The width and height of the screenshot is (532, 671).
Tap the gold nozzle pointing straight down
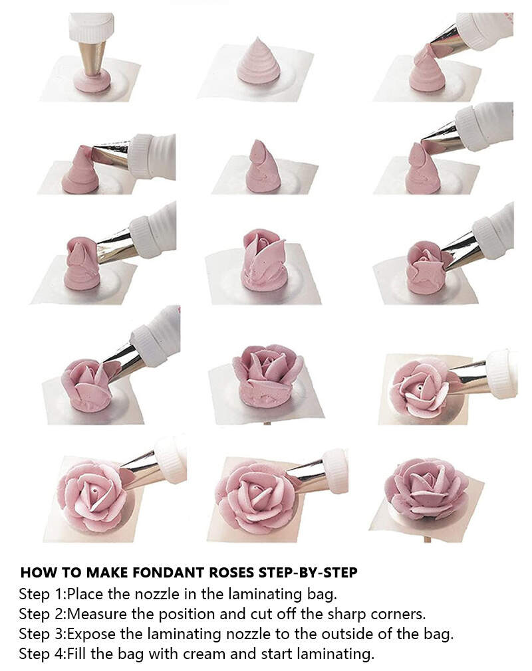pos(92,58)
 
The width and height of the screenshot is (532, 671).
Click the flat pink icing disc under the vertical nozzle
pos(92,81)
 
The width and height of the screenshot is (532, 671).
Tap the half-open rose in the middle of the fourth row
pos(267,375)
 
